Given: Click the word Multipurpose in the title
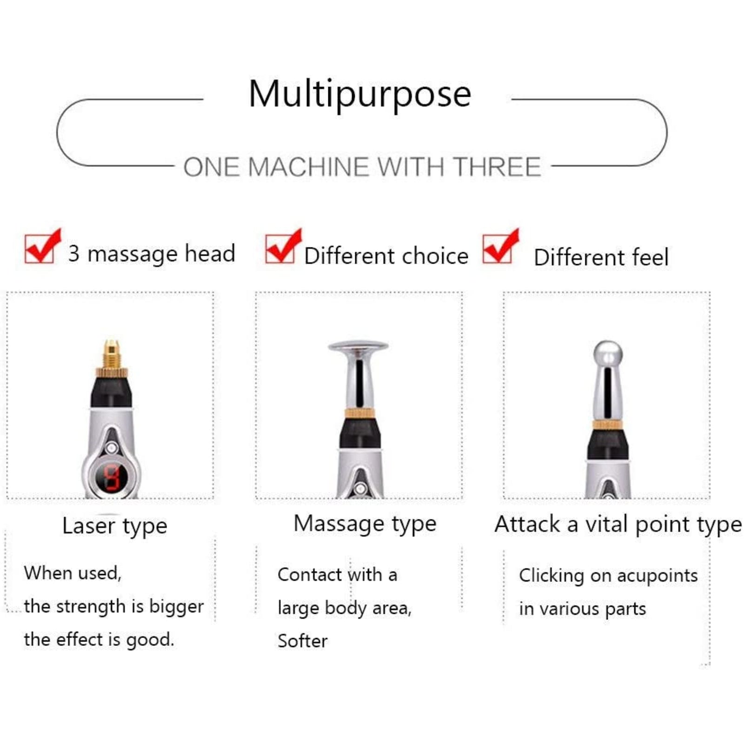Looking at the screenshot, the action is tap(360, 94).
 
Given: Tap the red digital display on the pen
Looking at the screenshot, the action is tap(111, 478).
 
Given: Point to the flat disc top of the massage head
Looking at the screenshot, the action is tap(358, 346).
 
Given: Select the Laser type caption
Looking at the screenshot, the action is tap(115, 526).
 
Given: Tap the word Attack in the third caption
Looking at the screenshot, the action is tap(527, 524).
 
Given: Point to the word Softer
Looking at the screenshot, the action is tap(303, 641).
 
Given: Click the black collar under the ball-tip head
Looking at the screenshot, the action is tap(608, 444).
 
